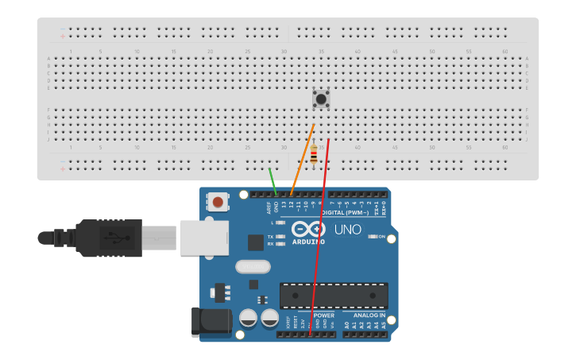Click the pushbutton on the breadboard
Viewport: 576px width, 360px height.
point(321,99)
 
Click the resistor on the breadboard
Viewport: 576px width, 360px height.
point(315,155)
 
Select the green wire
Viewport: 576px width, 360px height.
point(273,180)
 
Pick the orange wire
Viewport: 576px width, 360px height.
point(303,159)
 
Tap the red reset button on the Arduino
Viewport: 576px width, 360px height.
point(218,202)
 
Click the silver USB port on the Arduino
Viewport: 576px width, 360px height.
point(204,237)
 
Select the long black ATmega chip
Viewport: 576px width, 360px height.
point(334,296)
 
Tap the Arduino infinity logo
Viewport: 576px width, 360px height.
point(308,228)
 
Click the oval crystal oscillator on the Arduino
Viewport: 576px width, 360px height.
point(253,266)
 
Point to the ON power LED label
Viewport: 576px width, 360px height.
point(382,237)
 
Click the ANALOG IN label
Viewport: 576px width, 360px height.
point(365,315)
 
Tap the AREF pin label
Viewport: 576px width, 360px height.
point(269,207)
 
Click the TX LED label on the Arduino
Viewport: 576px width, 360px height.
point(271,237)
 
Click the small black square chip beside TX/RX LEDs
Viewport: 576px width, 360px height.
point(255,242)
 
